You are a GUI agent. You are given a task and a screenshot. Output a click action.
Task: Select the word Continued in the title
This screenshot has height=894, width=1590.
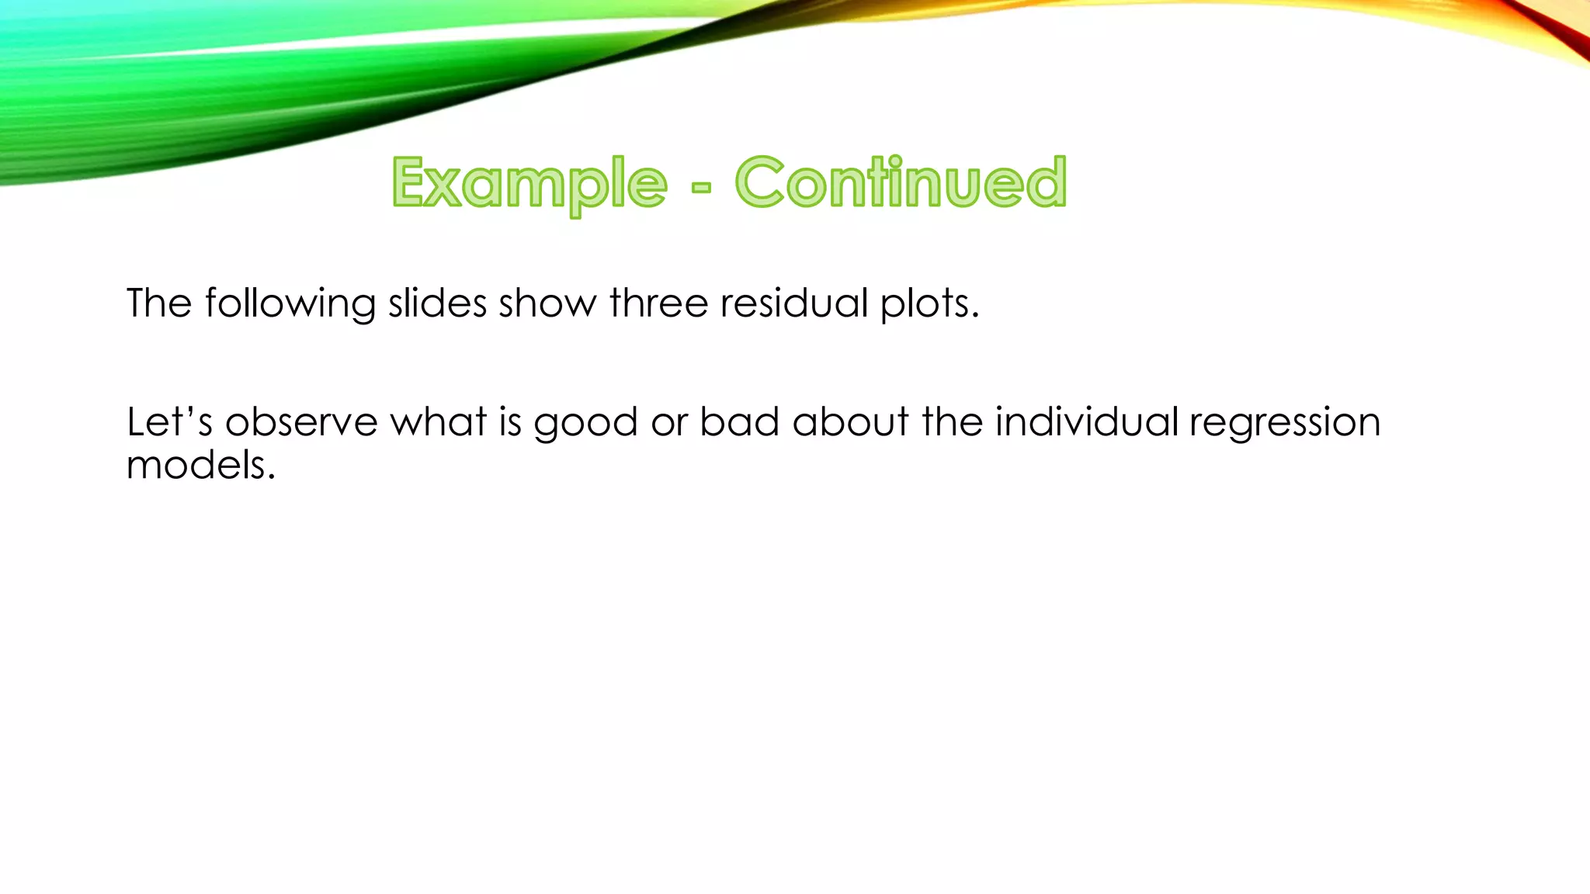coord(901,183)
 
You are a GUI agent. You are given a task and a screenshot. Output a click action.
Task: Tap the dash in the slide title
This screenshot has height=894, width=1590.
coord(700,187)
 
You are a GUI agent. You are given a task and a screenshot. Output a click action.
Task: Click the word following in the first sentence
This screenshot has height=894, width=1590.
coord(290,303)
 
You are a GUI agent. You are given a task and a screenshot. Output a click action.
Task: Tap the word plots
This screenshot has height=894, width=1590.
coord(929,303)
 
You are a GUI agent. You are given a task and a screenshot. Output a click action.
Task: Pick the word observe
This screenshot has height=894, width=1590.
coord(301,422)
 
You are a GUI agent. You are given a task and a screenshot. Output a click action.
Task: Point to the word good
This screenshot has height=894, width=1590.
coord(585,424)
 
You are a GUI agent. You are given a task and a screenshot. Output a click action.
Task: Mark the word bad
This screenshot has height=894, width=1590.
coord(739,422)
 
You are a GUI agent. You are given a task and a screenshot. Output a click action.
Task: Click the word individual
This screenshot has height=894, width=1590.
coord(1086,422)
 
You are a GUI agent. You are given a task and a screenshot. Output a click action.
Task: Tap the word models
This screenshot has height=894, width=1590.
coord(201,465)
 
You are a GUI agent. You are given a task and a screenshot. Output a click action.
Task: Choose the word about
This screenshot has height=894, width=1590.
coord(850,422)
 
